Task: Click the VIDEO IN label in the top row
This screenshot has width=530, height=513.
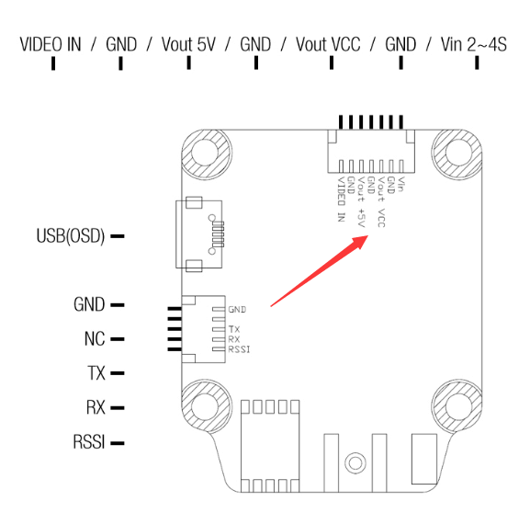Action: click(x=51, y=44)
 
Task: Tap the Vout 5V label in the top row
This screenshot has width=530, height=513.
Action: click(x=188, y=44)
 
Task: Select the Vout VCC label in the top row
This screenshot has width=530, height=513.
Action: click(x=328, y=44)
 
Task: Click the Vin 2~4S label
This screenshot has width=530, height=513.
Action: click(x=474, y=44)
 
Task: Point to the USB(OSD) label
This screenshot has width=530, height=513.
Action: click(x=71, y=236)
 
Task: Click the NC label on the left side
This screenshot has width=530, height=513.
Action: click(x=95, y=338)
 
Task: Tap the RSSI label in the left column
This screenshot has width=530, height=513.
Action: click(x=89, y=442)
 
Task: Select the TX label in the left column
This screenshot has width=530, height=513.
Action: click(x=96, y=373)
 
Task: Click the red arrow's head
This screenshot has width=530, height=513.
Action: click(x=360, y=242)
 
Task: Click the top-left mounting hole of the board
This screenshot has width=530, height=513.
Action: click(x=206, y=154)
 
